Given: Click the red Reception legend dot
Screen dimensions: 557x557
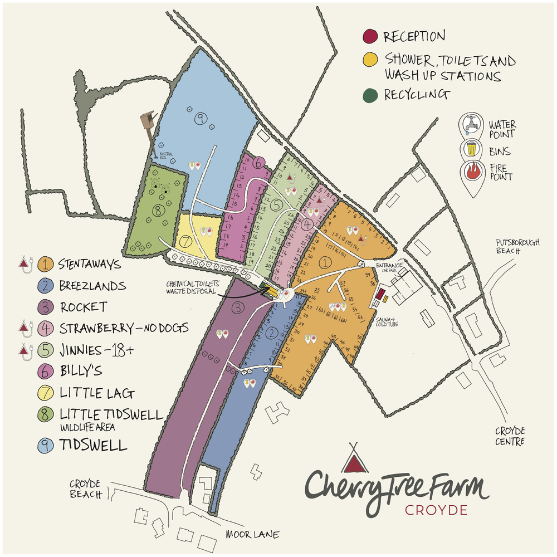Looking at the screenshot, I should [369, 38].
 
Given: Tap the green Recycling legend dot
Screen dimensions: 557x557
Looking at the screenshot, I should [369, 95].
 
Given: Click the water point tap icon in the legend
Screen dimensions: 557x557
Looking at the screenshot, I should [471, 125].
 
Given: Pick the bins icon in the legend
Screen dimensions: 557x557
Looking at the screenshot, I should [471, 149].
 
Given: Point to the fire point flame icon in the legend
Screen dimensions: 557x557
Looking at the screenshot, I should [471, 174].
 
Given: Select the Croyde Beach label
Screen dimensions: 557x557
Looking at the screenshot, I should [86, 488].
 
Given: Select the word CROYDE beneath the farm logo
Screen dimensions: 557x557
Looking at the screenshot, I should [436, 510].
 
